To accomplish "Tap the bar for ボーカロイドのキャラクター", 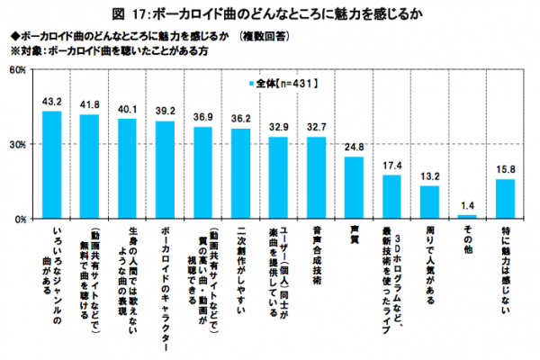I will (x=165, y=170).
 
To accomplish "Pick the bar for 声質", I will (x=354, y=188).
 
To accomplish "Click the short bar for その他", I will (x=467, y=217).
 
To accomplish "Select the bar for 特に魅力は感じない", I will (x=505, y=199).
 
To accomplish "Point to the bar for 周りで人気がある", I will (x=429, y=202).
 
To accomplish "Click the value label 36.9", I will (x=202, y=118).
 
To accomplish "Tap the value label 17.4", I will (x=391, y=166).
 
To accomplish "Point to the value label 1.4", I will (x=467, y=206).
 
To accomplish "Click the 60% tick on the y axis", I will (x=17, y=69).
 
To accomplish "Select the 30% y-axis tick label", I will (x=17, y=144).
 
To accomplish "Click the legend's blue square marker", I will (x=250, y=84).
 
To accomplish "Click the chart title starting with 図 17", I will (x=270, y=13).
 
